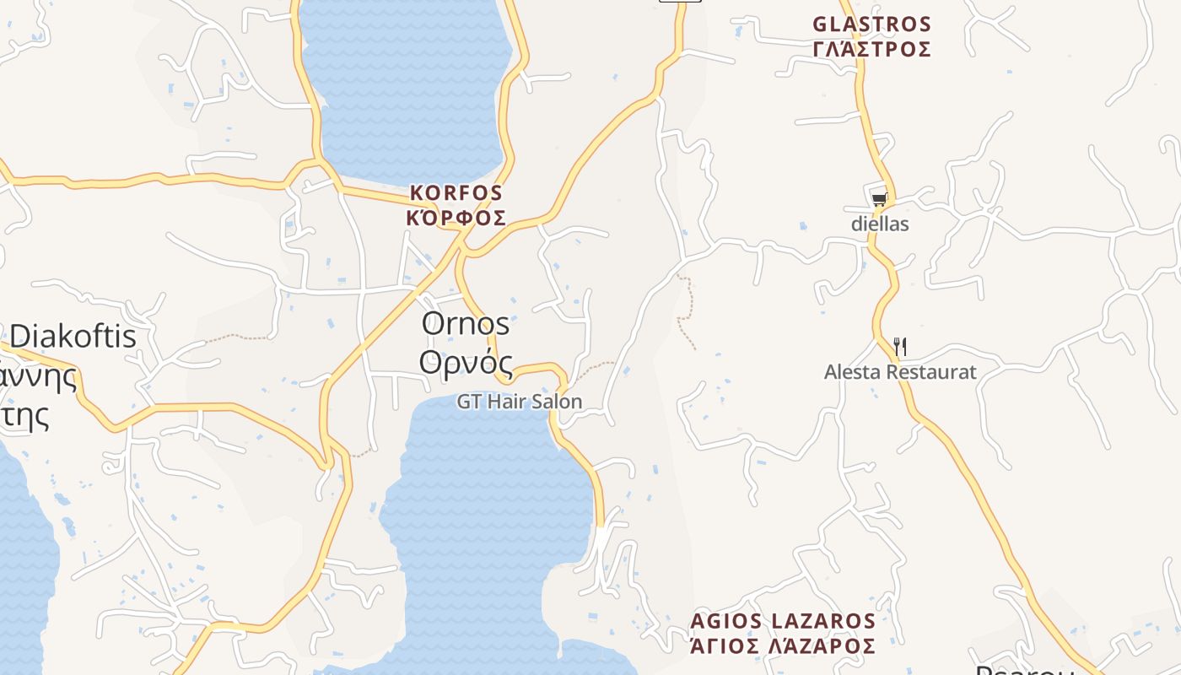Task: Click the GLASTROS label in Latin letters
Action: click(871, 24)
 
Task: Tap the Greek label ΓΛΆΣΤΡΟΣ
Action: click(871, 49)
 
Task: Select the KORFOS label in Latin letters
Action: click(456, 192)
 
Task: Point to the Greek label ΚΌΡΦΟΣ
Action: click(456, 219)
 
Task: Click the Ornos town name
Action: click(466, 323)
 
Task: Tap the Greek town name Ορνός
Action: click(466, 362)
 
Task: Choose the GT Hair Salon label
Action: click(520, 402)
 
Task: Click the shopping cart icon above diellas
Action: click(880, 199)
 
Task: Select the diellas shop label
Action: click(880, 224)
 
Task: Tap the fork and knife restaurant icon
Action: click(900, 346)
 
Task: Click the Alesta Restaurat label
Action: click(900, 371)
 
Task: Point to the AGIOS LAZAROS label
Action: click(783, 622)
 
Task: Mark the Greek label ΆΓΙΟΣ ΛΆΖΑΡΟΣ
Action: click(783, 646)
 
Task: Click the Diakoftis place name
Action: click(73, 336)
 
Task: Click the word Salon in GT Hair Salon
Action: click(558, 402)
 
